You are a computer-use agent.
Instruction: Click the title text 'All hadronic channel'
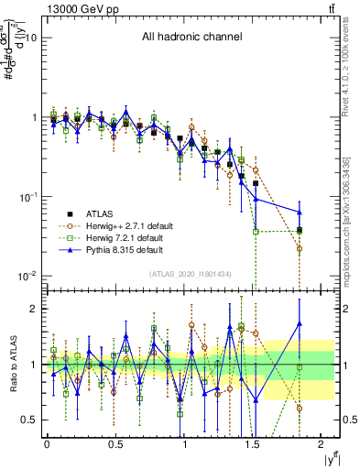point(191,38)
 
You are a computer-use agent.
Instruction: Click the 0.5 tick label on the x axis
point(115,443)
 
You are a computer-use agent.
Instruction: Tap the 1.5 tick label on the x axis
point(254,443)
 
